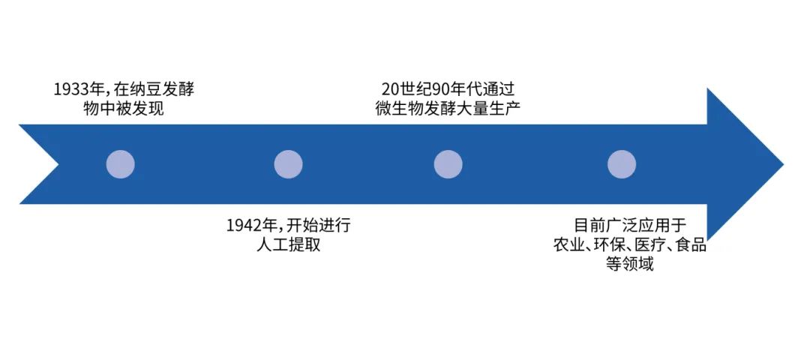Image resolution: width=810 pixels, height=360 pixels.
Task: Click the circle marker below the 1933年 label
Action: pyautogui.click(x=120, y=164)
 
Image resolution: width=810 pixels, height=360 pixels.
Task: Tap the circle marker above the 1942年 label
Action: pyautogui.click(x=288, y=164)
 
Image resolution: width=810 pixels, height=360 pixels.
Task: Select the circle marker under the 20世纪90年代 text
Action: pyautogui.click(x=448, y=164)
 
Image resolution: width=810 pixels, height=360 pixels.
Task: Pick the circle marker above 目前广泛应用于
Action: pyautogui.click(x=622, y=164)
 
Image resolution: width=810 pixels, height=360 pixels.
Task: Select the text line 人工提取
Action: pyautogui.click(x=288, y=245)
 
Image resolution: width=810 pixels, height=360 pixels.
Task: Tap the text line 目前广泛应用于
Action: pyautogui.click(x=629, y=226)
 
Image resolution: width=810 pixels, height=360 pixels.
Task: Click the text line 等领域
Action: pyautogui.click(x=629, y=265)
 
